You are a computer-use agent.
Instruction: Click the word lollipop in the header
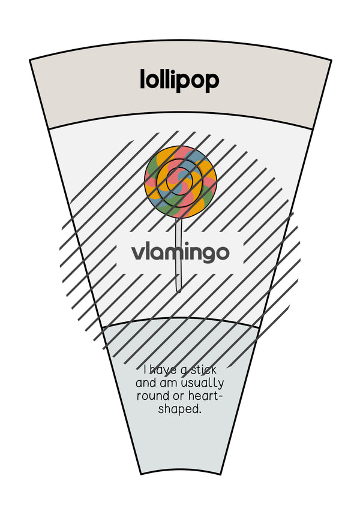(179, 80)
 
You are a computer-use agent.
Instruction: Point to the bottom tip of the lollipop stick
(178, 292)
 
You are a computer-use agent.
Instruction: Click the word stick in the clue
(203, 370)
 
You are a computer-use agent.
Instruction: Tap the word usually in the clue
(202, 384)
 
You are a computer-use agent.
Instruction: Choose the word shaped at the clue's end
(179, 409)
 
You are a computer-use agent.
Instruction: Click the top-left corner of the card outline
(30, 60)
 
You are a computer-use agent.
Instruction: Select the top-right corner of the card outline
(331, 60)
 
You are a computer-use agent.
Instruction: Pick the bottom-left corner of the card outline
(141, 474)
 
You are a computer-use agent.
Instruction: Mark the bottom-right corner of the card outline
(221, 474)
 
